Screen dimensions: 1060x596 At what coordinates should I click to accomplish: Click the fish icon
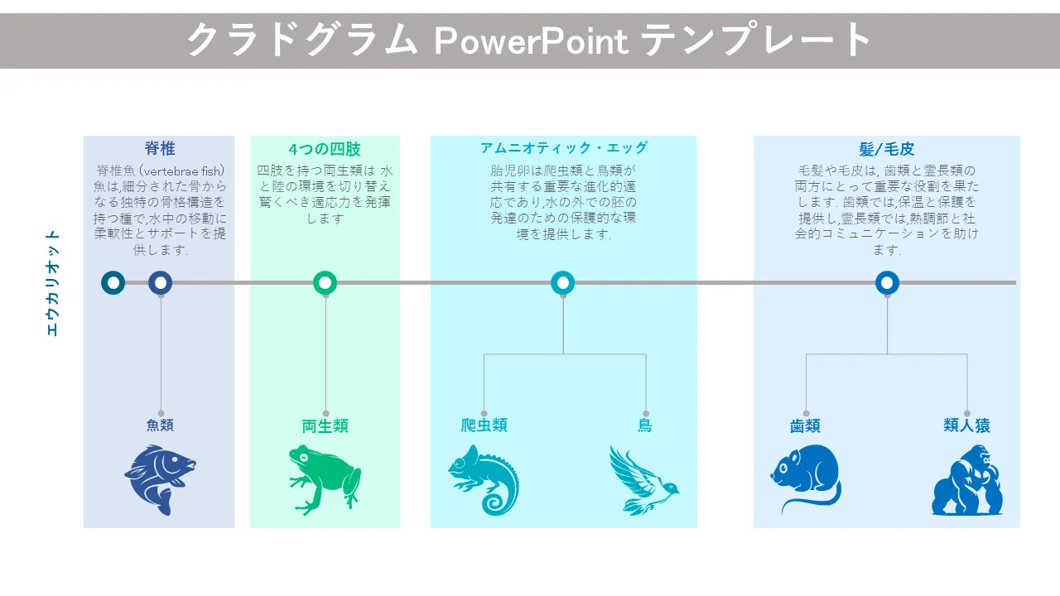point(160,479)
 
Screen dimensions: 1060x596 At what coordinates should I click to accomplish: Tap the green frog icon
point(325,479)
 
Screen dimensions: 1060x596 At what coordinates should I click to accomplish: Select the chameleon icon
point(484,479)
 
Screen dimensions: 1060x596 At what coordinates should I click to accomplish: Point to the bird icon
point(644,479)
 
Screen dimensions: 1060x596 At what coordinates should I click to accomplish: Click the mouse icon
point(806,478)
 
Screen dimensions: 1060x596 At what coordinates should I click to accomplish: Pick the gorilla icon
point(967,479)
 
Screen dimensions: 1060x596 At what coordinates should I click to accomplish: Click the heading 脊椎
point(160,148)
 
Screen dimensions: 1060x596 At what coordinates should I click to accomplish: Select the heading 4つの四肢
point(325,149)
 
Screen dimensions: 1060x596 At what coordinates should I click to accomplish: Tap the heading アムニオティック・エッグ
point(564,148)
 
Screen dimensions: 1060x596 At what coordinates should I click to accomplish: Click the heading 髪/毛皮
point(887,149)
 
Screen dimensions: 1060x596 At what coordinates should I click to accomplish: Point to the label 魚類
point(160,425)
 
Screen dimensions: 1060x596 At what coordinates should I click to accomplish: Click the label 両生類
point(325,426)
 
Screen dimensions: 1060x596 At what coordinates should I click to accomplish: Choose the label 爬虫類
point(484,425)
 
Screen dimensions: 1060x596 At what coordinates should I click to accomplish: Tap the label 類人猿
point(966,425)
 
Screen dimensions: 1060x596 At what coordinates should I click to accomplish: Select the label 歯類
point(805,426)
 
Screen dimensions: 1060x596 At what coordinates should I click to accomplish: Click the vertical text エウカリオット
point(52,283)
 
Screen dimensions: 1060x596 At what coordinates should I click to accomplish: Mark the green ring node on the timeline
point(325,283)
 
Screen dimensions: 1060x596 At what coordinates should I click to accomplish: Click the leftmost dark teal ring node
point(113,283)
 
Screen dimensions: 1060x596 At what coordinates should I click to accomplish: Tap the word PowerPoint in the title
point(531,41)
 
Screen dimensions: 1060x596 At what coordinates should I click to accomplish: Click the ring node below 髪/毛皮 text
point(887,283)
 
